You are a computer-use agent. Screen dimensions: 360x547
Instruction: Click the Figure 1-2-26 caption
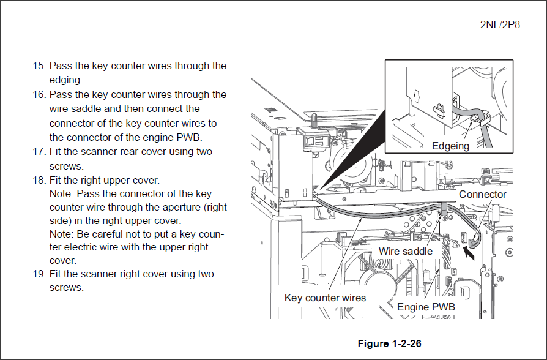coord(389,343)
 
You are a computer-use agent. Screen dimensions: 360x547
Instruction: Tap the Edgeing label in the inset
coord(450,146)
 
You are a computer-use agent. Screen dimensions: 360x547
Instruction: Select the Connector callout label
coord(483,195)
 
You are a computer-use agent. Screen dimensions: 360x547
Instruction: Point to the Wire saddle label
coord(406,251)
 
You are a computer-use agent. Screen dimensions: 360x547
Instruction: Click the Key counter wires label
coord(325,298)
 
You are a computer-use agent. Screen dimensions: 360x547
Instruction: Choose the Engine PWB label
coord(426,307)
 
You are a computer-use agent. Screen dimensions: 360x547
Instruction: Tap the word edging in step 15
coord(65,80)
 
